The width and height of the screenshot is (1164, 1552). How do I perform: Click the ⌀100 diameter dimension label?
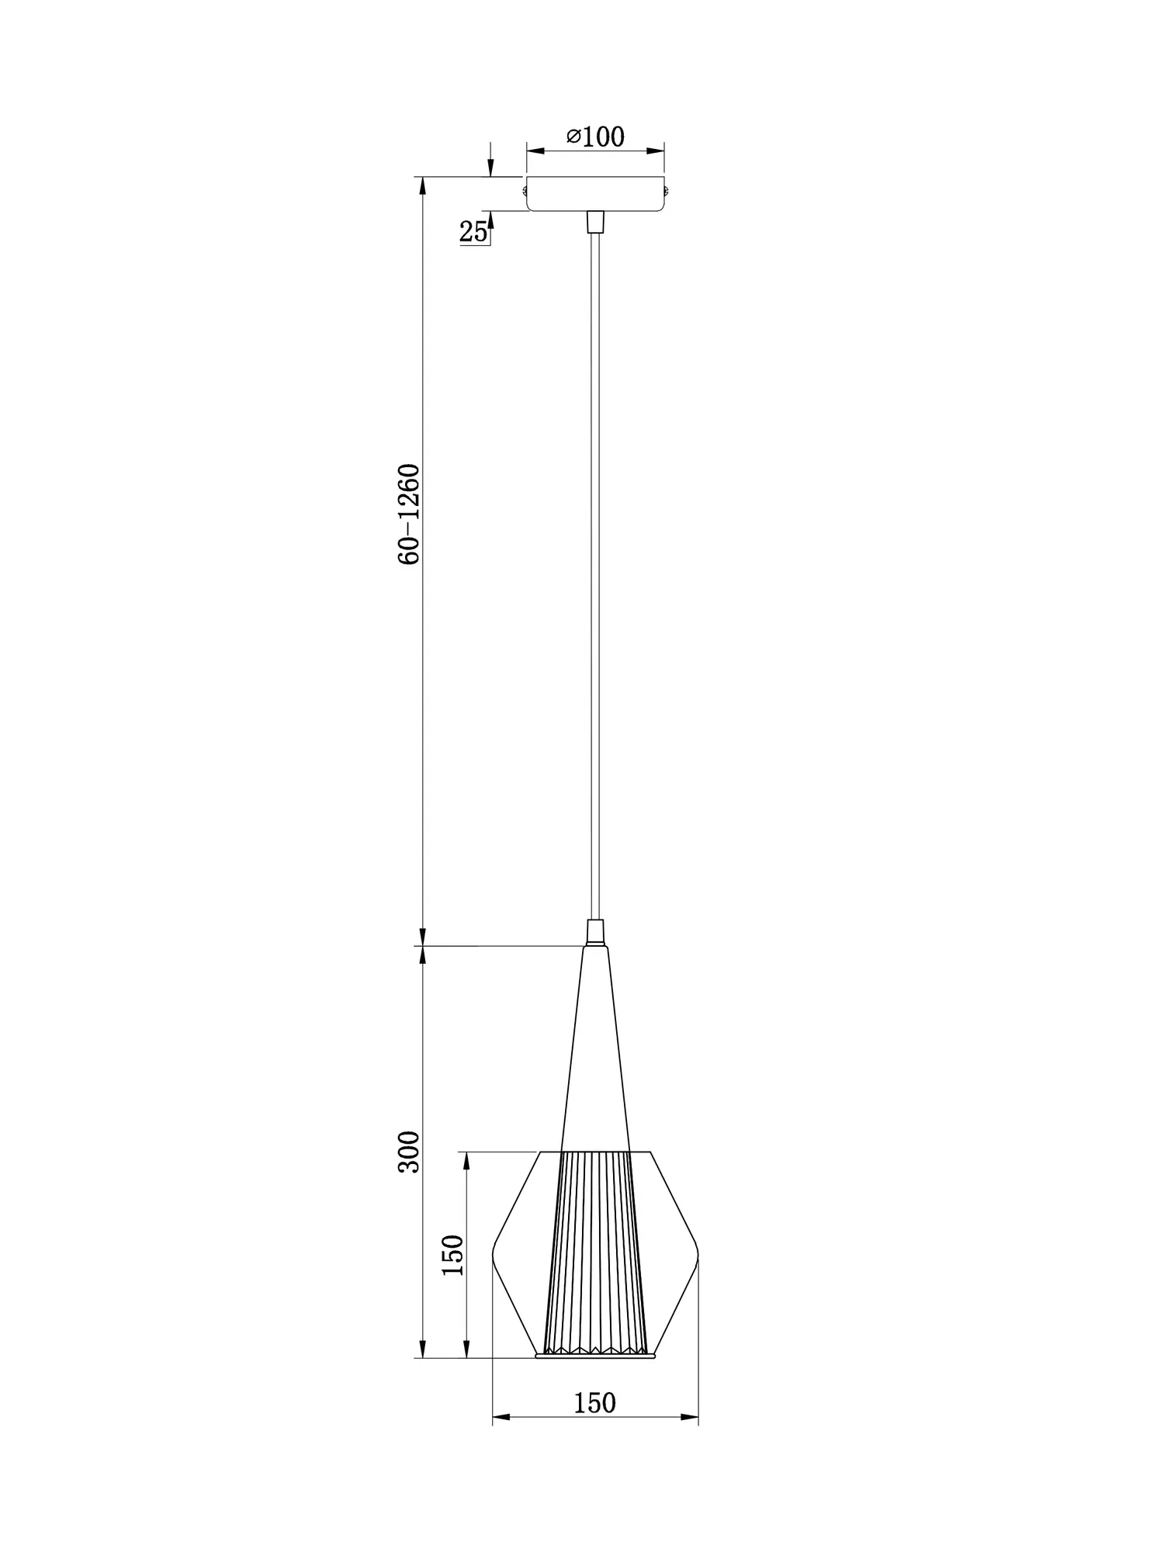pos(595,137)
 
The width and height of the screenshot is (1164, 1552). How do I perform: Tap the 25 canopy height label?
pos(473,230)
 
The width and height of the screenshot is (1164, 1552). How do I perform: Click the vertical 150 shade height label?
pos(452,1255)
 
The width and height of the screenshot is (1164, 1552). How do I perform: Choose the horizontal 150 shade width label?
pos(594,1402)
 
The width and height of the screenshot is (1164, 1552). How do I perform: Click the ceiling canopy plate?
pos(595,193)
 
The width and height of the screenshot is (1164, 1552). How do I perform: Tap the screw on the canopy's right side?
pos(667,186)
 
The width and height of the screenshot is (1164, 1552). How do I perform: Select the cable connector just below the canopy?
pos(595,221)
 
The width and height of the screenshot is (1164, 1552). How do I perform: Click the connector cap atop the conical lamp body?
pos(595,931)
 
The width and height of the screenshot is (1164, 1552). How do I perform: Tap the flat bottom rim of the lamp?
pos(595,1356)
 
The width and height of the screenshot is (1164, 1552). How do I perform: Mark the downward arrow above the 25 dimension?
pos(490,168)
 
